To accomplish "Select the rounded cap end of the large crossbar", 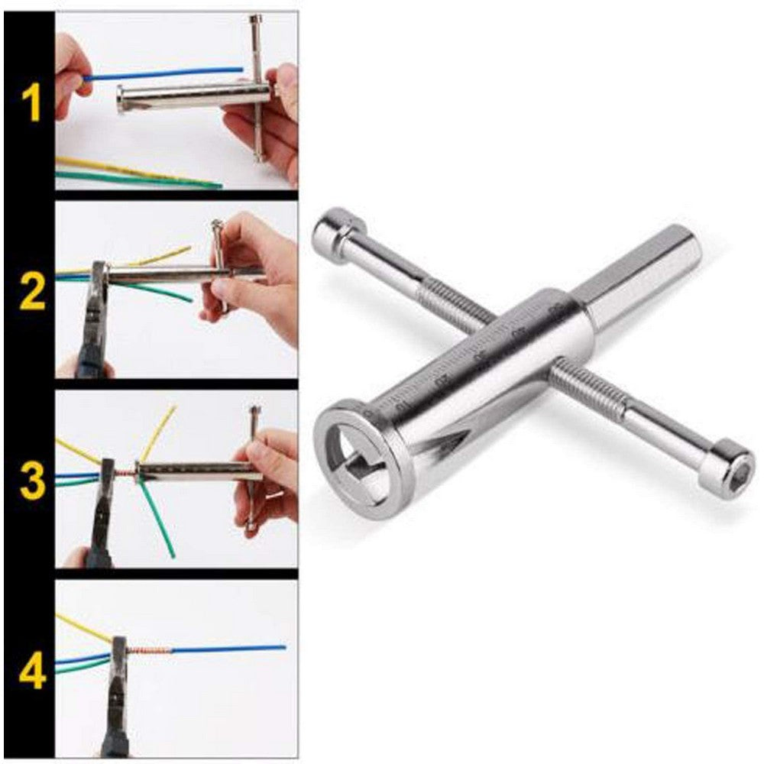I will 333,226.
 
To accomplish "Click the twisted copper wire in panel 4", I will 150,652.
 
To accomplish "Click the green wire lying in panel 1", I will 138,180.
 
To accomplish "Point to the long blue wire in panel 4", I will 229,649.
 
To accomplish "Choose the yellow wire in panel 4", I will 80,626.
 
